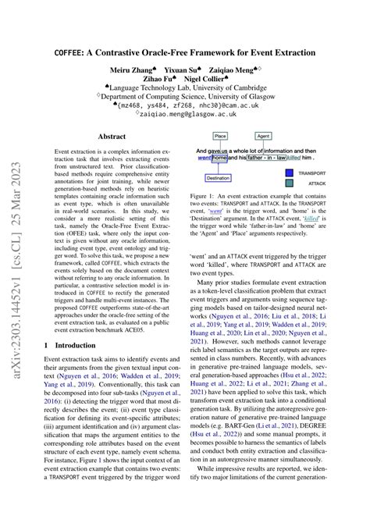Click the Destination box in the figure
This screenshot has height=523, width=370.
click(219, 178)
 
